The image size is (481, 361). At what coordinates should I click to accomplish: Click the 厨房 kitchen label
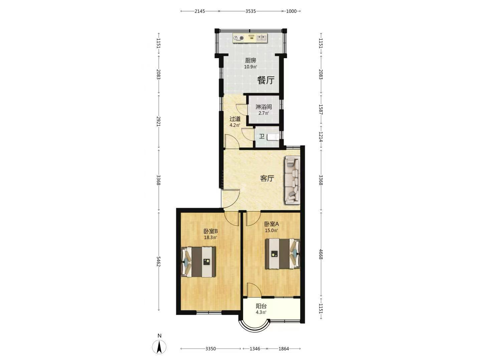pos(251,60)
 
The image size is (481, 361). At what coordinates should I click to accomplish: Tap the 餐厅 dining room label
pos(266,80)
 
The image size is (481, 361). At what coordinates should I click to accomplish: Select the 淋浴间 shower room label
pos(264,107)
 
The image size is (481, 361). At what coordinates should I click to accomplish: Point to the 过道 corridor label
pos(235,119)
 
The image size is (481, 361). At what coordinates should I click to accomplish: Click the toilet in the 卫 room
pos(273,137)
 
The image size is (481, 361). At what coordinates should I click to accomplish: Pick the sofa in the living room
pos(292,180)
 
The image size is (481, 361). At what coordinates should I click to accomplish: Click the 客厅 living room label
pos(267,178)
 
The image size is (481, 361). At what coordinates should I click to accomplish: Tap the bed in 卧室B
pos(198,262)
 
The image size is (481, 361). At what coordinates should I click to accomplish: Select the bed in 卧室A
pos(283,254)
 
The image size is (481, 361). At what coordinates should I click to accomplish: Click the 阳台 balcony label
pos(261,306)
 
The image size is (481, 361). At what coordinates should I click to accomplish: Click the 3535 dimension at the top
pos(251,11)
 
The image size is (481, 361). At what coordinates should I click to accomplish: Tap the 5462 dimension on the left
pos(159,261)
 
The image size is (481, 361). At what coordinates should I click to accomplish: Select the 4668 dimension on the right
pos(321,254)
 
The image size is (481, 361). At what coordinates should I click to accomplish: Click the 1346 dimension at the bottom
pos(255,349)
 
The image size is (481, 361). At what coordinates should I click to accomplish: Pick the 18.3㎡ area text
pos(210,237)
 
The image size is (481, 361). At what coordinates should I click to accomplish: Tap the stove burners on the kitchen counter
pos(238,38)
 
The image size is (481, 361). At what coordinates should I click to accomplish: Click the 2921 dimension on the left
pos(159,121)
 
